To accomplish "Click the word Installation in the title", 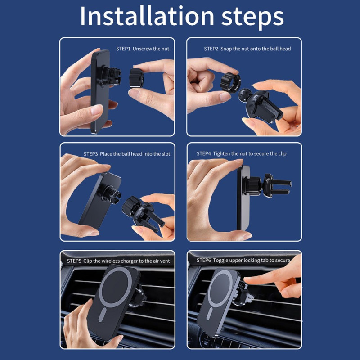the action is coord(147,16).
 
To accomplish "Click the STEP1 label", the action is coord(123,49).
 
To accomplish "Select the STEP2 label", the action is coord(211,49).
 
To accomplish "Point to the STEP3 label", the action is coord(91,154).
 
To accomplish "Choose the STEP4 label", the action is coord(204,153).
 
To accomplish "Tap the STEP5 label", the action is coord(74,261).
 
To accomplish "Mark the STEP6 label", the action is coord(204,260).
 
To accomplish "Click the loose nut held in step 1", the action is coord(136,78).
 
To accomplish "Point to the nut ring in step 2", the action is coord(230,83).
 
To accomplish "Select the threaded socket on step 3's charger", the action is coord(112,194).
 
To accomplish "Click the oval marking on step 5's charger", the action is coord(103,314).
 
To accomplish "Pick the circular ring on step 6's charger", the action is coord(220,288).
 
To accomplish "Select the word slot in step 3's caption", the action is coord(166,154).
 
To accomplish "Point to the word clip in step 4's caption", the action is coord(283,154).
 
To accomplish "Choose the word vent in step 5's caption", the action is coord(165,261).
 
